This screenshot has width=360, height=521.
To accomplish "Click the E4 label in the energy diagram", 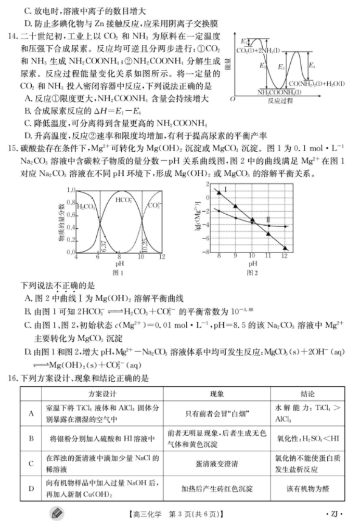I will [x=312, y=66].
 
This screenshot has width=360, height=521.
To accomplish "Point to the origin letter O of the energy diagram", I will [x=233, y=99].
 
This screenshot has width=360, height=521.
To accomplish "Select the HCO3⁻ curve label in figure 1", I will [x=123, y=199].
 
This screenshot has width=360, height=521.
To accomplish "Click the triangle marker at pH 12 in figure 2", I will [x=285, y=248].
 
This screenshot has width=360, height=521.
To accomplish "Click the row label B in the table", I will [x=31, y=439].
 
